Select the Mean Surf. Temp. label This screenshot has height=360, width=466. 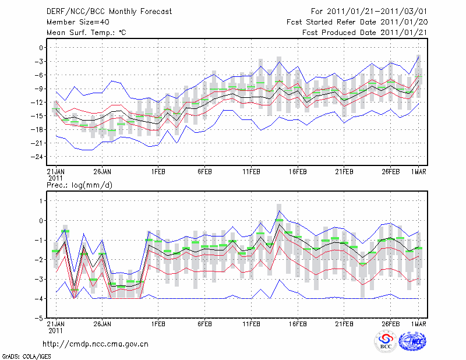click(86, 33)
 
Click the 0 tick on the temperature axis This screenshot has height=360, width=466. click(40, 47)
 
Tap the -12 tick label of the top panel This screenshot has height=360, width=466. click(37, 102)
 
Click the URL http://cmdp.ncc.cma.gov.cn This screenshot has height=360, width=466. click(96, 344)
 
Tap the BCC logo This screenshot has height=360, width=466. click(386, 341)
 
